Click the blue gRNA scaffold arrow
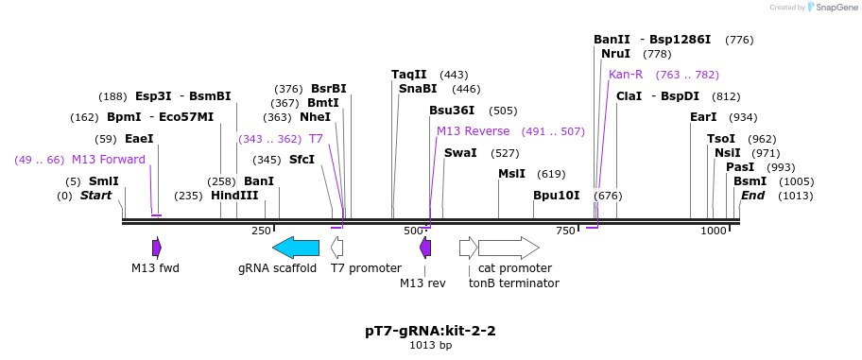click(x=296, y=248)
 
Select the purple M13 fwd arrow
click(x=157, y=248)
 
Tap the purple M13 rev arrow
click(x=425, y=248)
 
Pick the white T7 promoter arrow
click(x=337, y=248)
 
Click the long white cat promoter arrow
click(x=509, y=248)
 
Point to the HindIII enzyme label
click(x=234, y=196)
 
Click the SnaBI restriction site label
click(x=418, y=89)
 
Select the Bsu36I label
click(x=452, y=111)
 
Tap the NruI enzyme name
click(x=615, y=54)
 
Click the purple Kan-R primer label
click(x=626, y=75)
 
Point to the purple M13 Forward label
click(x=109, y=160)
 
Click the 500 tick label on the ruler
click(x=412, y=231)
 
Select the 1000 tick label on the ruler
click(x=713, y=231)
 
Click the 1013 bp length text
click(x=431, y=346)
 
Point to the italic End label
click(x=752, y=196)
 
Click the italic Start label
click(x=96, y=196)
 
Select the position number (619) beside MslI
click(x=551, y=174)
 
